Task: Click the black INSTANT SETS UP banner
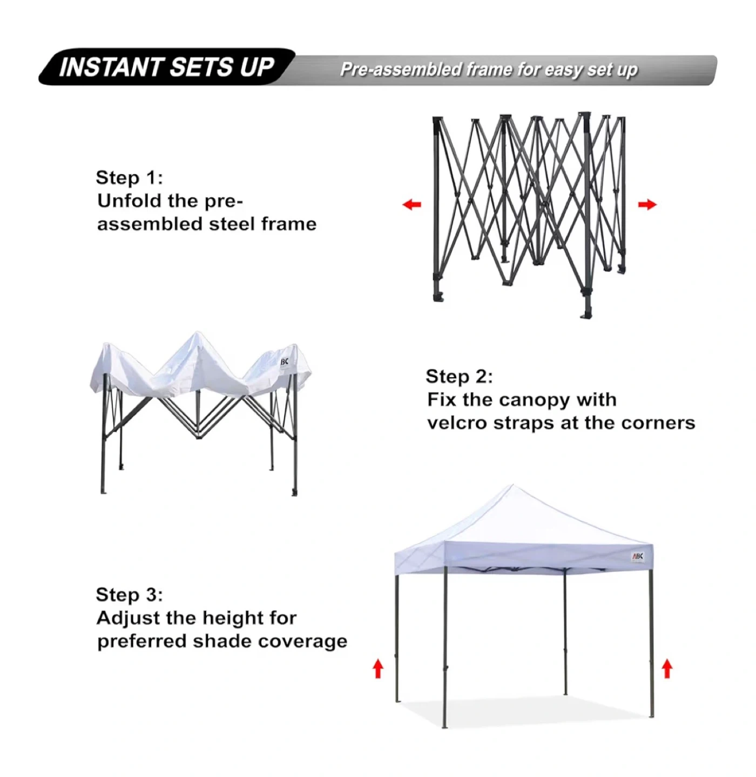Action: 167,67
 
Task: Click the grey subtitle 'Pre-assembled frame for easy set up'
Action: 489,70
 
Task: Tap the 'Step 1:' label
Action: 130,178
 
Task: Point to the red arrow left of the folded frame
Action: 411,205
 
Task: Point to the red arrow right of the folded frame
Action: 647,205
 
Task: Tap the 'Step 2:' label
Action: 459,376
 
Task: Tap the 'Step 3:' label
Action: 130,595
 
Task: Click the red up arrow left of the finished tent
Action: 378,669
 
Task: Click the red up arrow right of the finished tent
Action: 666,669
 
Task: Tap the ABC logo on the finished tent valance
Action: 637,557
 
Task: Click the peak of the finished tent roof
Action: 512,485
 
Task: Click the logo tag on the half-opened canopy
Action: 284,363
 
